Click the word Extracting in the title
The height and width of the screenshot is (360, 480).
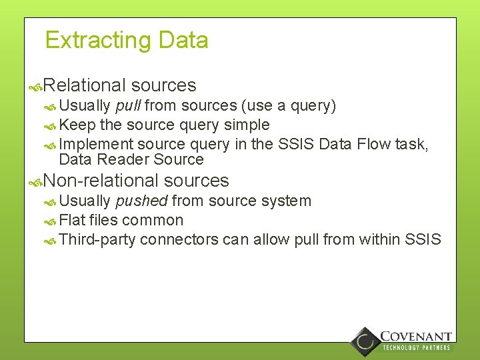[x=98, y=41]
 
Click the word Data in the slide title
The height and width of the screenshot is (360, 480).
[x=183, y=41]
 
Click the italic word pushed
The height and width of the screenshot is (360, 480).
[x=141, y=201]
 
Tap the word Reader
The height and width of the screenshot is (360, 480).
[x=125, y=159]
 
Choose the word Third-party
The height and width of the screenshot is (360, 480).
[x=97, y=239]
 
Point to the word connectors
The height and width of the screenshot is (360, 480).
[x=179, y=239]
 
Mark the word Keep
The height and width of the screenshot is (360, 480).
[x=77, y=125]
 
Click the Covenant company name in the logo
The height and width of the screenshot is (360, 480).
[x=416, y=337]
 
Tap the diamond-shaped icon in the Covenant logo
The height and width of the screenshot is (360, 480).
[x=365, y=341]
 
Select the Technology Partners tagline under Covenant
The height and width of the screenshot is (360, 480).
[x=416, y=347]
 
